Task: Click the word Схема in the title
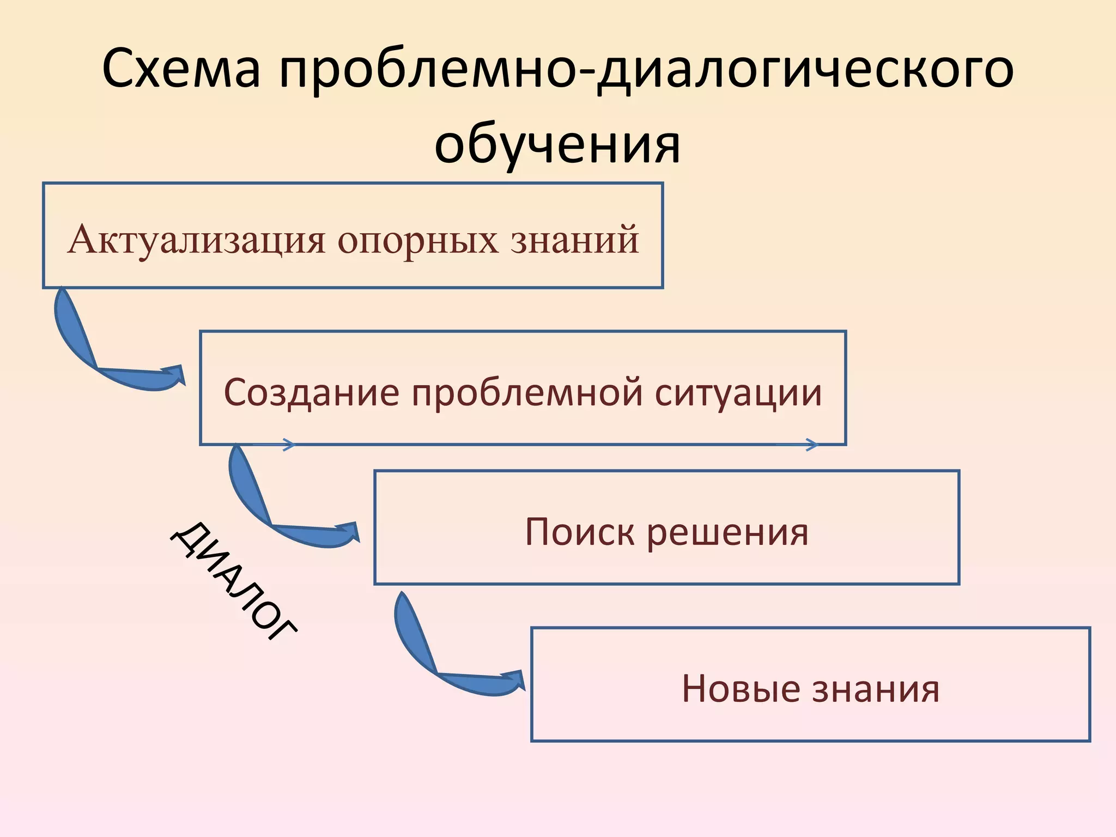pos(181,70)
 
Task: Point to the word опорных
pos(417,240)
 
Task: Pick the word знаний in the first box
pos(574,240)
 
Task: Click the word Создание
pos(311,392)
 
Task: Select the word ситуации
pos(738,392)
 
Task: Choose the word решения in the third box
pos(727,532)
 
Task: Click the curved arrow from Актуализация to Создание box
pos(93,349)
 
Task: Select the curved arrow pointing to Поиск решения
pos(267,507)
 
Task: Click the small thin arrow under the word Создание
pos(275,445)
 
